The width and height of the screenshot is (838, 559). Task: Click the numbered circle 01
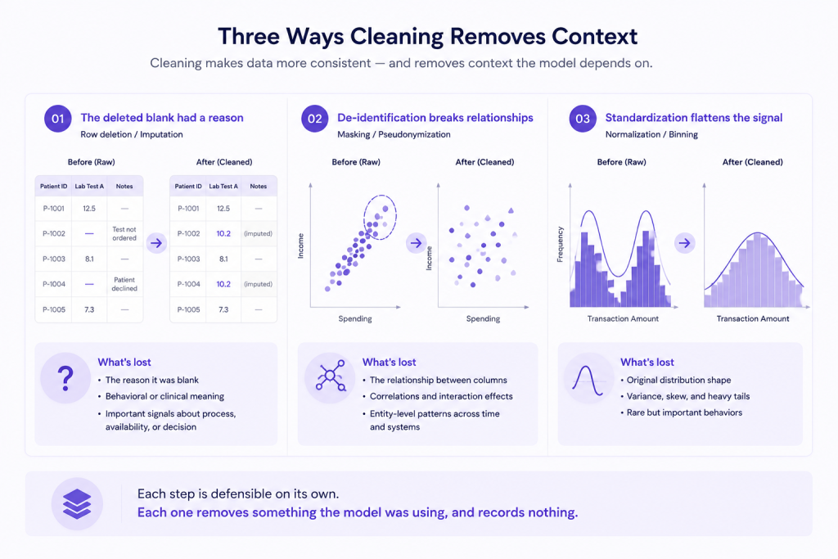click(x=58, y=119)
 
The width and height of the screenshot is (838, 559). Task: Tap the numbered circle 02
click(x=315, y=119)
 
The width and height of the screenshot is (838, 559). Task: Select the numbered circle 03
click(x=583, y=119)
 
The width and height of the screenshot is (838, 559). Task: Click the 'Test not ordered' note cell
click(x=124, y=233)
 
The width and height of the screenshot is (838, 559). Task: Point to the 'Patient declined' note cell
click(x=124, y=284)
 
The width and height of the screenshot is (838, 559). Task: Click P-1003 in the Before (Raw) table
click(x=54, y=259)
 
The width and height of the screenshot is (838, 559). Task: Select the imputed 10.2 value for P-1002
click(x=223, y=233)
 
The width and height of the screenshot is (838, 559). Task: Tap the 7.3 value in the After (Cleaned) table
click(x=223, y=309)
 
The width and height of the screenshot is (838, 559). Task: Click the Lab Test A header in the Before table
click(x=89, y=187)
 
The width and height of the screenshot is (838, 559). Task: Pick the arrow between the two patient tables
click(x=156, y=243)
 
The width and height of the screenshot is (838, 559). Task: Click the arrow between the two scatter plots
click(x=417, y=243)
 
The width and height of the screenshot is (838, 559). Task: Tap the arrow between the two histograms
click(x=685, y=243)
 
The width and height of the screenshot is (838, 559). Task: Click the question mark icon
click(x=65, y=378)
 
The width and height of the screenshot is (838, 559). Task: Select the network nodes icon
click(x=331, y=376)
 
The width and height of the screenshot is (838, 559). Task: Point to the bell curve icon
click(x=588, y=381)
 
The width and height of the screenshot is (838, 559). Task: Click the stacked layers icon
click(x=77, y=504)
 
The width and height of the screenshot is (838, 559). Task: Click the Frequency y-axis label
click(x=560, y=244)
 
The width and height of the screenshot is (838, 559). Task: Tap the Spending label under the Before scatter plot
click(x=355, y=319)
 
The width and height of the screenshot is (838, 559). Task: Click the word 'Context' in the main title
click(x=594, y=36)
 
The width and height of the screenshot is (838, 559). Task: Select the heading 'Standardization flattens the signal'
click(x=694, y=118)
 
